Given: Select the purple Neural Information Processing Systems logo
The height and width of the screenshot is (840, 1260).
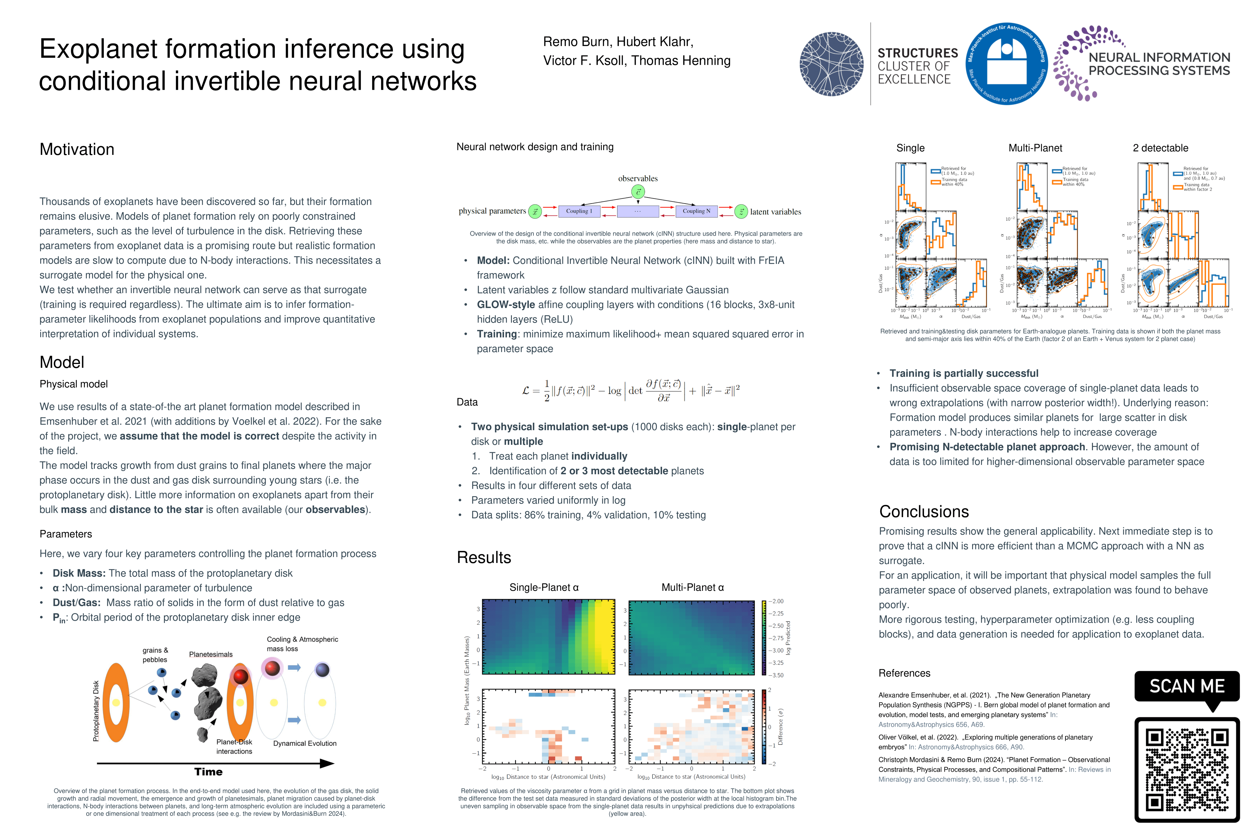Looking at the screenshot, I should tap(1141, 63).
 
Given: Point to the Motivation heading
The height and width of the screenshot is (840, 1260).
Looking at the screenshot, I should tap(77, 149).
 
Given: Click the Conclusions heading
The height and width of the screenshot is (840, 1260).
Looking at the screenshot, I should tap(924, 512).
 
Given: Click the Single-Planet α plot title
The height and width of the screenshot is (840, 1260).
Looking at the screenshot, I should tap(544, 587).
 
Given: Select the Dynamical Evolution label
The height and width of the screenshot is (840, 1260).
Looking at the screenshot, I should tap(305, 743).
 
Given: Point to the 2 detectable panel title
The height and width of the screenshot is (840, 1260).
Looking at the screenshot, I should tap(1160, 148).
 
